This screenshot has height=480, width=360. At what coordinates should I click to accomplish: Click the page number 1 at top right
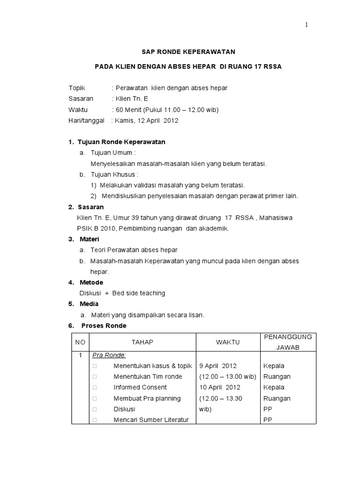[x=306, y=25]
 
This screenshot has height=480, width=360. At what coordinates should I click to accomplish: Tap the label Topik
[x=77, y=88]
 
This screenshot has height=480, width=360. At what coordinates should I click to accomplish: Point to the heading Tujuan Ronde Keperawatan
[x=121, y=142]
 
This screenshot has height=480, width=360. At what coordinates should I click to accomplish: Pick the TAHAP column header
[x=139, y=342]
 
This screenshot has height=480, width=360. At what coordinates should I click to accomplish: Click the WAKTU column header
[x=228, y=342]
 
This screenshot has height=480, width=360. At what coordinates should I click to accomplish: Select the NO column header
[x=80, y=342]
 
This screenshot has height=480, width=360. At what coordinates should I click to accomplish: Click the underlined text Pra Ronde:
[x=105, y=355]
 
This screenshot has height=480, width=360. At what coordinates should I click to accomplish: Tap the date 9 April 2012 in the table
[x=218, y=366]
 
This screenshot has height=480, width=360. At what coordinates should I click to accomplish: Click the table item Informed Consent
[x=140, y=387]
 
